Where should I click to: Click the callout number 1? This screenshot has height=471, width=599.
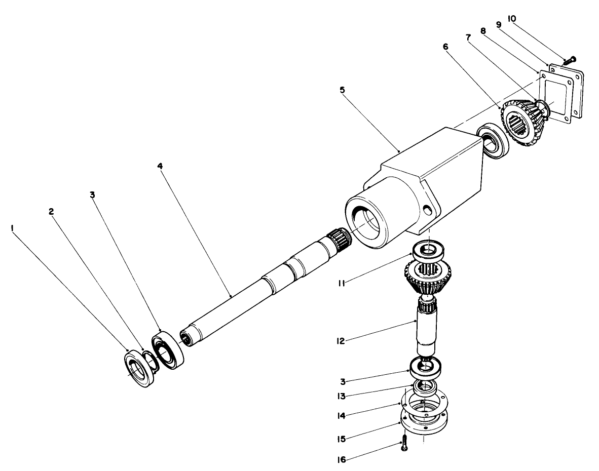(x=11, y=228)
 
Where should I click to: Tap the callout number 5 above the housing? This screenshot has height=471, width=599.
(x=342, y=90)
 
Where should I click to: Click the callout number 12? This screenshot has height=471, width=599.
(x=342, y=341)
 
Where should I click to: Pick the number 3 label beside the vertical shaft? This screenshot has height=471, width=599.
(x=343, y=380)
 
